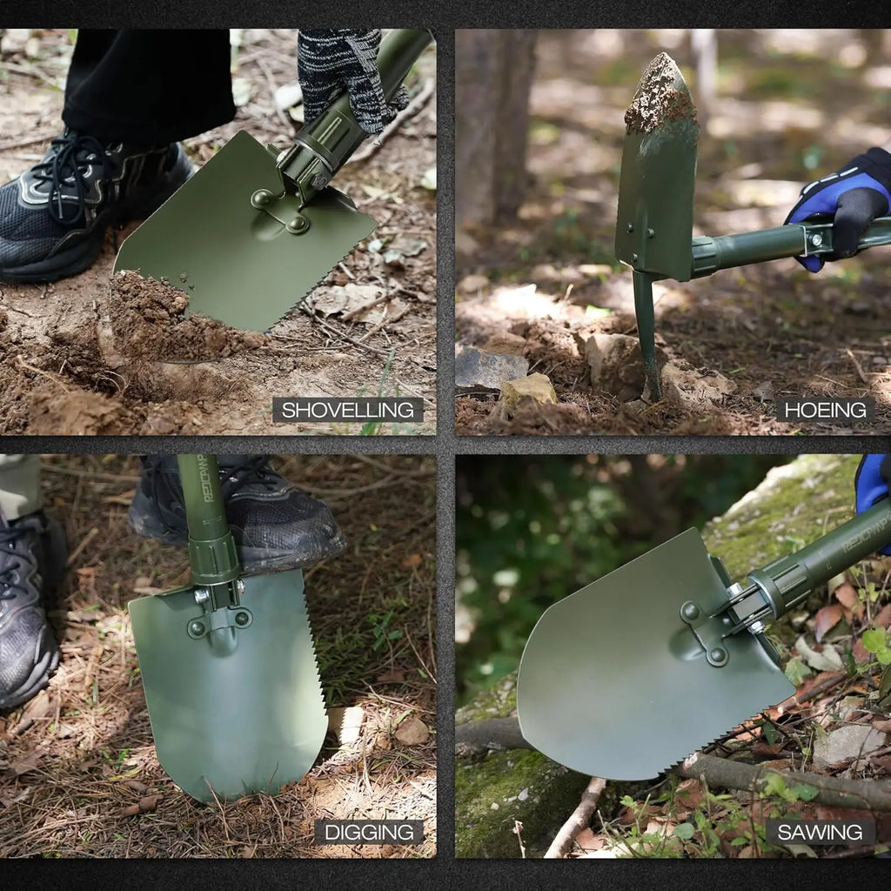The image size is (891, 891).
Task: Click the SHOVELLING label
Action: [x=347, y=410]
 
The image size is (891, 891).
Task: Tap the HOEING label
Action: [x=825, y=410]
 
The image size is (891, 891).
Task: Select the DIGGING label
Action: [x=368, y=832]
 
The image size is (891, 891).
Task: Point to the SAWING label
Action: [x=820, y=832]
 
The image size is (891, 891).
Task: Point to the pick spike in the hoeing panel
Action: [x=646, y=339]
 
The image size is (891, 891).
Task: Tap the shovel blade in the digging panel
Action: [x=231, y=696]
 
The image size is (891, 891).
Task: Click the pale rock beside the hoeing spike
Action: [x=528, y=390]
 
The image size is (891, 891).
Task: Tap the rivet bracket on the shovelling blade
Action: [x=280, y=211]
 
